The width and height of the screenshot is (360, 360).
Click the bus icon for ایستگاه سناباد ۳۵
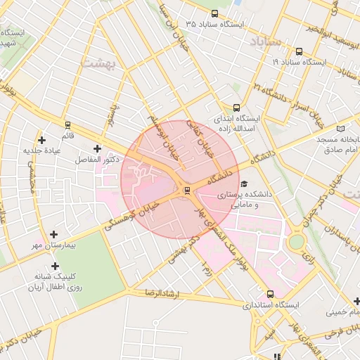(x=214, y=13)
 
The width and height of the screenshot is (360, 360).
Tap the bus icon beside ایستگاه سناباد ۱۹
(x=300, y=51)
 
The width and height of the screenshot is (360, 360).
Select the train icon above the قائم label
(x=67, y=125)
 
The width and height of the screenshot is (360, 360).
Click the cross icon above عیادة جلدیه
(x=42, y=140)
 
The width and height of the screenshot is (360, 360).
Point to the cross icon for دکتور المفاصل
(x=97, y=148)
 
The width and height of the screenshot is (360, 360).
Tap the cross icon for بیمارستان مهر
(x=54, y=234)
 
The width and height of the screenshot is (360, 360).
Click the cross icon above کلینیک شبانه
(x=53, y=265)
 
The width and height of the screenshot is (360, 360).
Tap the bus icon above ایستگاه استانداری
(x=270, y=295)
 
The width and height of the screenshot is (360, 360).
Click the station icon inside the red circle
(x=186, y=190)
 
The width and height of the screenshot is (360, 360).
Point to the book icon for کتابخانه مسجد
(x=341, y=129)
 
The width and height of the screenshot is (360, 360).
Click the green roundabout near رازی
(x=297, y=243)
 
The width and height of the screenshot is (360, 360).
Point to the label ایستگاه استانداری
(x=271, y=306)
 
